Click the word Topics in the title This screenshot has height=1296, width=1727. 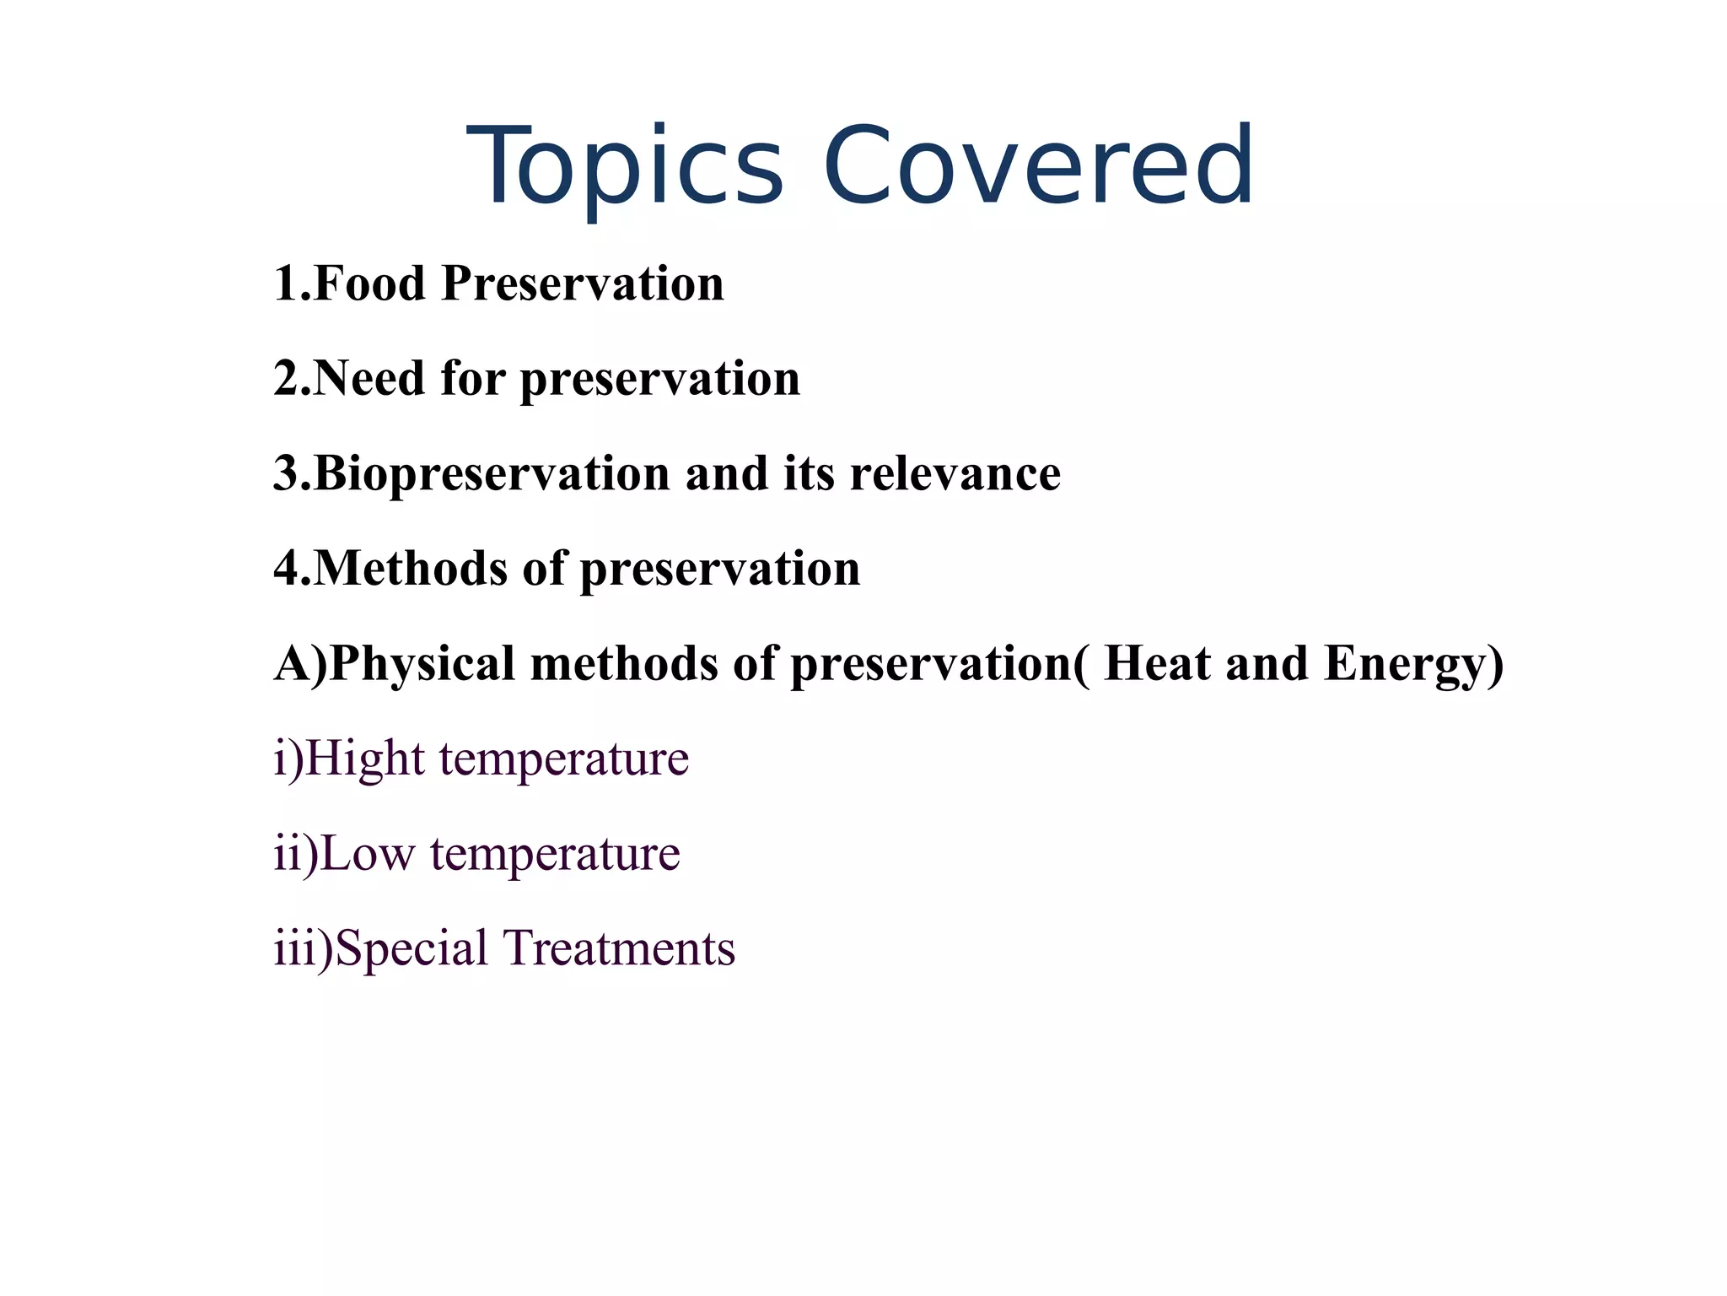pos(624,166)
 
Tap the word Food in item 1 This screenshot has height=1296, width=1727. pos(369,283)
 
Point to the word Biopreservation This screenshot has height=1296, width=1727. pos(492,473)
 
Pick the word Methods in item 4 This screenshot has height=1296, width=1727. pos(411,568)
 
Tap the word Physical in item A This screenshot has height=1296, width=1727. pos(422,663)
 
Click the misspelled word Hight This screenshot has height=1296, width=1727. pos(364,758)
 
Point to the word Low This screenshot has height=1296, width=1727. pos(368,853)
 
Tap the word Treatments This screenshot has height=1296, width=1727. pos(619,948)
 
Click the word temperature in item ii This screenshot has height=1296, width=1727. pos(555,853)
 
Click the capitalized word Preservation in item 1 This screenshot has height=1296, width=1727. pos(583,283)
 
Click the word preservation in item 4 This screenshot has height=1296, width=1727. pos(720,568)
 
